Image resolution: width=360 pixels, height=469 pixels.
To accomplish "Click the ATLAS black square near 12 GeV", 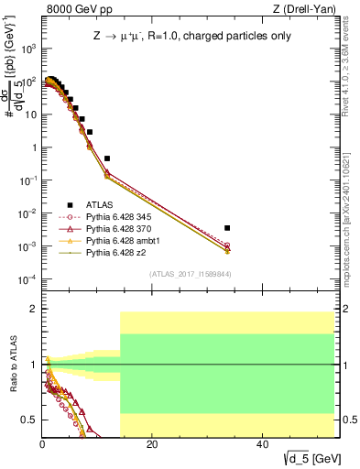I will coord(107,158).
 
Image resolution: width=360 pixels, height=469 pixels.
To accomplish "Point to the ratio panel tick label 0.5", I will coord(30,420).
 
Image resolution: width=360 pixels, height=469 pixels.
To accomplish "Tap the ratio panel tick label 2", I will coord(34,310).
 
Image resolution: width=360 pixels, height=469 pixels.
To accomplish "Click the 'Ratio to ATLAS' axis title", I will coord(12,365).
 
